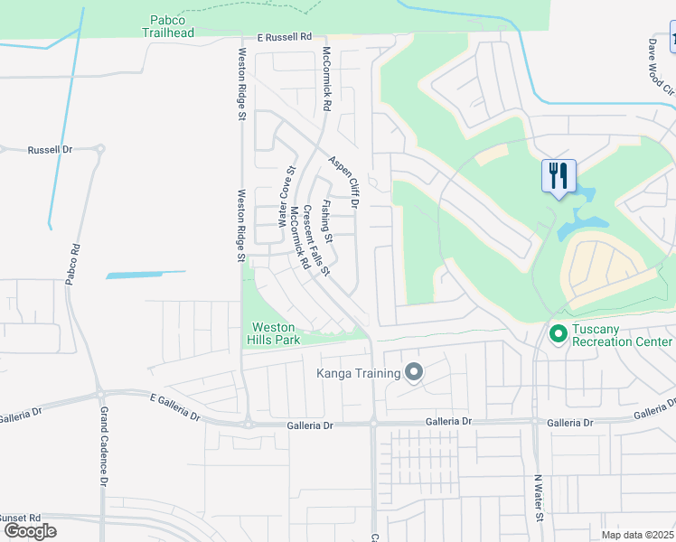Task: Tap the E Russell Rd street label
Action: tap(284, 38)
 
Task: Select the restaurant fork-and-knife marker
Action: tap(558, 174)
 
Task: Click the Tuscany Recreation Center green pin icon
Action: tap(558, 334)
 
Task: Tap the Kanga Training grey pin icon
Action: tap(414, 372)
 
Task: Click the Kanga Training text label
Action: tap(358, 373)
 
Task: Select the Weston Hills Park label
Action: tap(275, 333)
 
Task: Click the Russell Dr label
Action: tap(49, 150)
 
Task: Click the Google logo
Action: tap(30, 531)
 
